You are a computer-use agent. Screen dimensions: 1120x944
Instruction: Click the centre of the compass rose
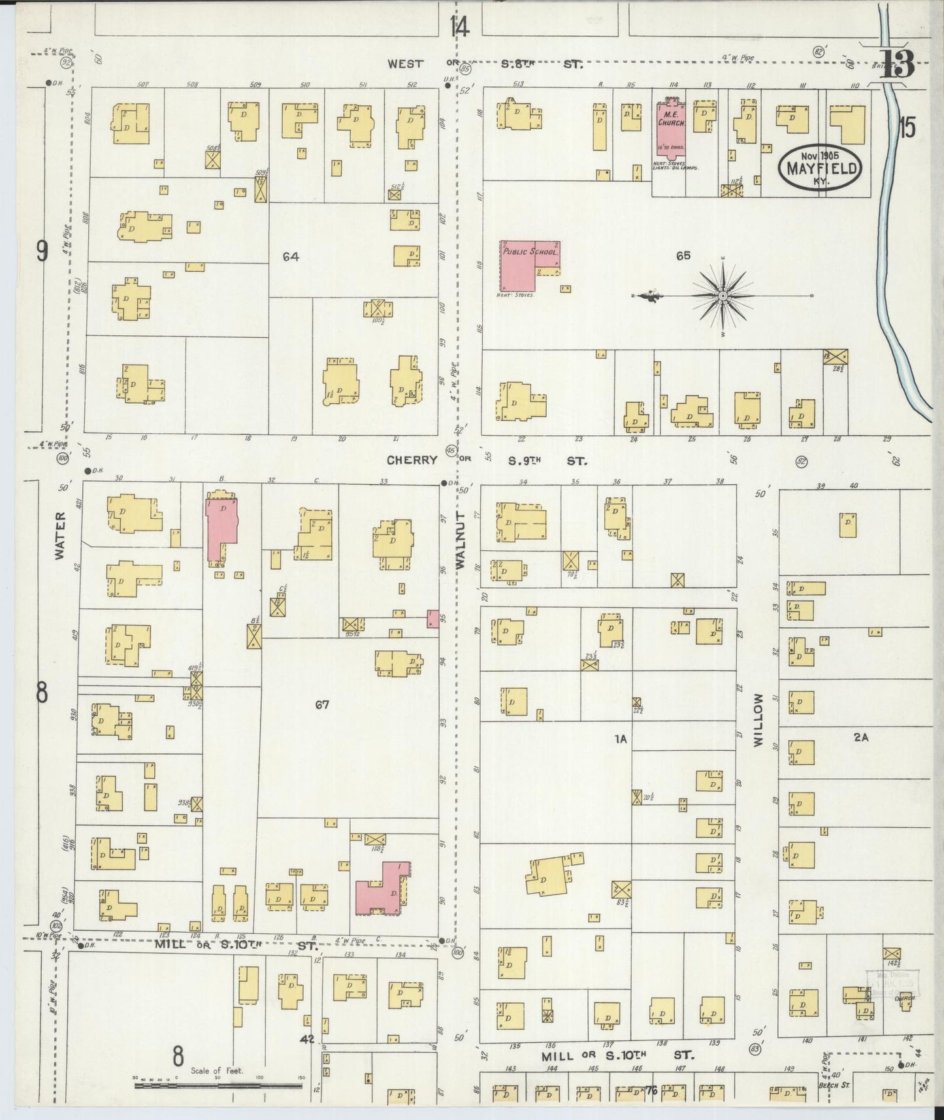click(x=723, y=297)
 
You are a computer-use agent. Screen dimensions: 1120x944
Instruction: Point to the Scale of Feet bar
click(x=218, y=1085)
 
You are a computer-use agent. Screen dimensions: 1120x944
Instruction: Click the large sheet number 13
click(x=896, y=63)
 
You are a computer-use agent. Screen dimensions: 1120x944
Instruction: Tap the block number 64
click(x=291, y=257)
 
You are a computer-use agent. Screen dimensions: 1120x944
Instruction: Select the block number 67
click(x=321, y=705)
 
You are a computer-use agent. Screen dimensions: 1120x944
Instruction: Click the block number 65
click(x=683, y=256)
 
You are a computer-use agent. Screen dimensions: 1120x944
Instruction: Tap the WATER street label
click(x=60, y=535)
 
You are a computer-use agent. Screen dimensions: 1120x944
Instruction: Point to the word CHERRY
click(x=412, y=460)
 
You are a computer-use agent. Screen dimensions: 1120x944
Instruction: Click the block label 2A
click(x=860, y=737)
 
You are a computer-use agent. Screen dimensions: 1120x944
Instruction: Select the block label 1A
click(x=620, y=739)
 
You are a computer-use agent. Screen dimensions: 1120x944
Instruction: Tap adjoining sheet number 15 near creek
click(x=906, y=127)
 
